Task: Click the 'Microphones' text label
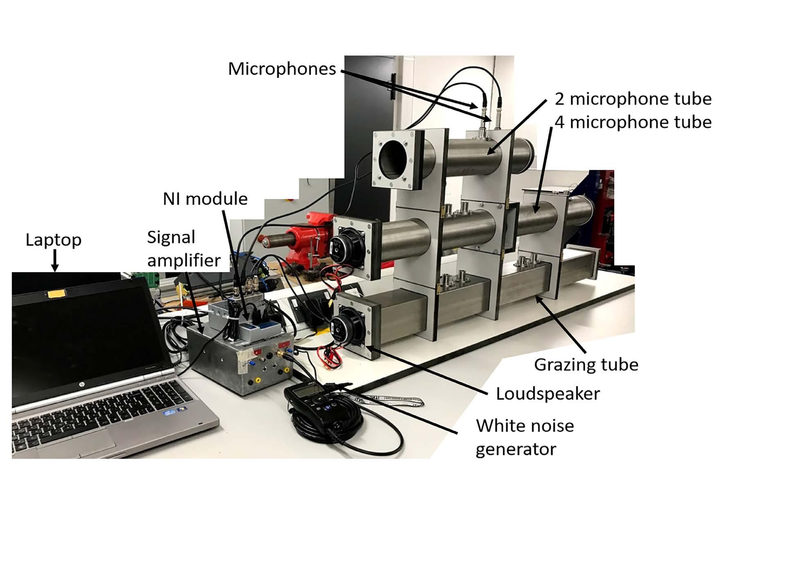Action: (282, 69)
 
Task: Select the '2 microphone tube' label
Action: (633, 99)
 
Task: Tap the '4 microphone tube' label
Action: (633, 122)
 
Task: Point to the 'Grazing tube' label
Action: (586, 364)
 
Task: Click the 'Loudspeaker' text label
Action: (548, 393)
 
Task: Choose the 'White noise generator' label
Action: (524, 437)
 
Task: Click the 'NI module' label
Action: (205, 199)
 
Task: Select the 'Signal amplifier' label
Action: (184, 249)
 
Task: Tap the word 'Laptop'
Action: (53, 240)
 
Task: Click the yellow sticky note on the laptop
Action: (56, 293)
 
